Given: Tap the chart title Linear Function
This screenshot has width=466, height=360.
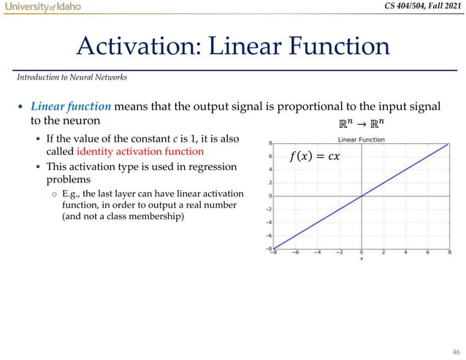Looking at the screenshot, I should [362, 139].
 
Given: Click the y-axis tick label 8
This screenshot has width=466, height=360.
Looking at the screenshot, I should [270, 143].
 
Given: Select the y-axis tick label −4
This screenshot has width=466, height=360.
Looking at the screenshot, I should [269, 222].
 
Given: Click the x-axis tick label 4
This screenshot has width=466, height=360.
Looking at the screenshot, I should [405, 254].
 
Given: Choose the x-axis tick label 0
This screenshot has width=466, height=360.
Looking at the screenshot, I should [362, 254].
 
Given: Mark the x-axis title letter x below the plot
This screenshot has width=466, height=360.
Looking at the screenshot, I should [361, 259].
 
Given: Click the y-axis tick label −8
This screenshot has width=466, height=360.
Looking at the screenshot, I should [269, 248].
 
